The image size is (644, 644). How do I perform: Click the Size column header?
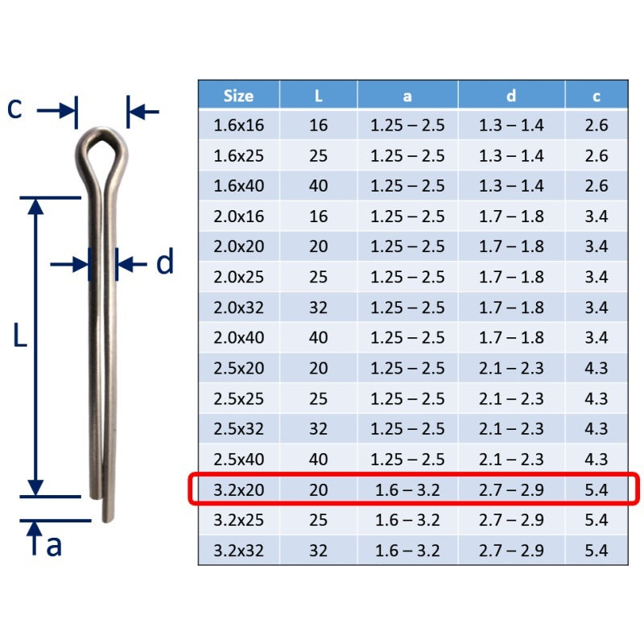pyautogui.click(x=238, y=96)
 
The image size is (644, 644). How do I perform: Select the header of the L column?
pyautogui.click(x=318, y=96)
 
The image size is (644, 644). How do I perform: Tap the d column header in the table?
pyautogui.click(x=511, y=96)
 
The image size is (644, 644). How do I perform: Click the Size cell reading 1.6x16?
pyautogui.click(x=238, y=126)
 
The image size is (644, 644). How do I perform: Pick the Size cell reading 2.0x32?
pyautogui.click(x=238, y=308)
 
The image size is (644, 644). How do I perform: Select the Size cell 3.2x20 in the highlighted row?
pyautogui.click(x=238, y=490)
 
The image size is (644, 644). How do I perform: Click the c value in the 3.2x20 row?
pyautogui.click(x=597, y=490)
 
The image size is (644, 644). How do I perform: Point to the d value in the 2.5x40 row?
pyautogui.click(x=511, y=460)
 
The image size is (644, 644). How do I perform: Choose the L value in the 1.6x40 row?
pyautogui.click(x=318, y=186)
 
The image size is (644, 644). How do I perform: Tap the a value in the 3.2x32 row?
pyautogui.click(x=407, y=551)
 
